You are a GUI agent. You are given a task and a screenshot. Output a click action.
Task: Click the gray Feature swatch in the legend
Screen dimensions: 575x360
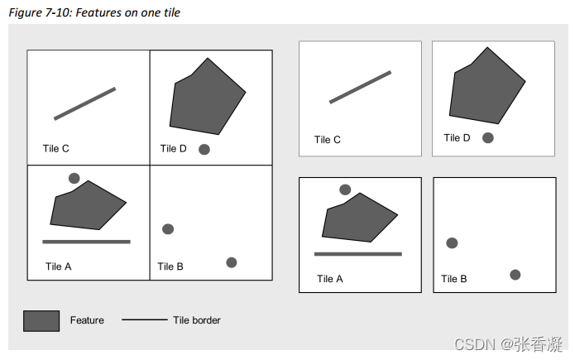41,320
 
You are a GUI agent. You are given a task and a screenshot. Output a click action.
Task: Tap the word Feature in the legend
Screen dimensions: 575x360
87,320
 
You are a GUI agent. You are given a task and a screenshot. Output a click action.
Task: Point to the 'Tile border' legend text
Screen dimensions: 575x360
197,320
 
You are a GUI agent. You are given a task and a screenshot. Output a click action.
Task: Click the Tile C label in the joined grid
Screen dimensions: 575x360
56,149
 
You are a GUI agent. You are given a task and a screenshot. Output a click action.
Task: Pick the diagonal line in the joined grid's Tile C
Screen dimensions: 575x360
84,103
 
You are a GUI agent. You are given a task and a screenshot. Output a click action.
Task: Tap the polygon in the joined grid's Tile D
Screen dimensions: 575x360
207,98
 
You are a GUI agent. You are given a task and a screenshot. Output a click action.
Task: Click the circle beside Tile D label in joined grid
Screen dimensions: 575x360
204,150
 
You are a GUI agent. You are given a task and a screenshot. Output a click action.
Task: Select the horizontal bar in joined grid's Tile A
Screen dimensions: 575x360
86,242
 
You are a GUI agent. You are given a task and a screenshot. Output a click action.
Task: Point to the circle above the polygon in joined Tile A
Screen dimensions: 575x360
74,178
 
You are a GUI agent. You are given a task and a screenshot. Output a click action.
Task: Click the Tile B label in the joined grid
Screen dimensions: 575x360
171,266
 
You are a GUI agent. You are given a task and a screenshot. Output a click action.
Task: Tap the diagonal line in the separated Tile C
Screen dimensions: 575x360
360,87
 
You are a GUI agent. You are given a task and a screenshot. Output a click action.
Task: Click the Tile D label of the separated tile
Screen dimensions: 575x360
457,138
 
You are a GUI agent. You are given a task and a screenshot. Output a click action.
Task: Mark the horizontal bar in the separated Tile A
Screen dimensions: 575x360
357,254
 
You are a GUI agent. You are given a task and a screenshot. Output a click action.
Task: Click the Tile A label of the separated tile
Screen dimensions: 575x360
330,279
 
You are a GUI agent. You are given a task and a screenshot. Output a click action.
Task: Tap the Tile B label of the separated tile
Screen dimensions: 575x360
454,279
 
